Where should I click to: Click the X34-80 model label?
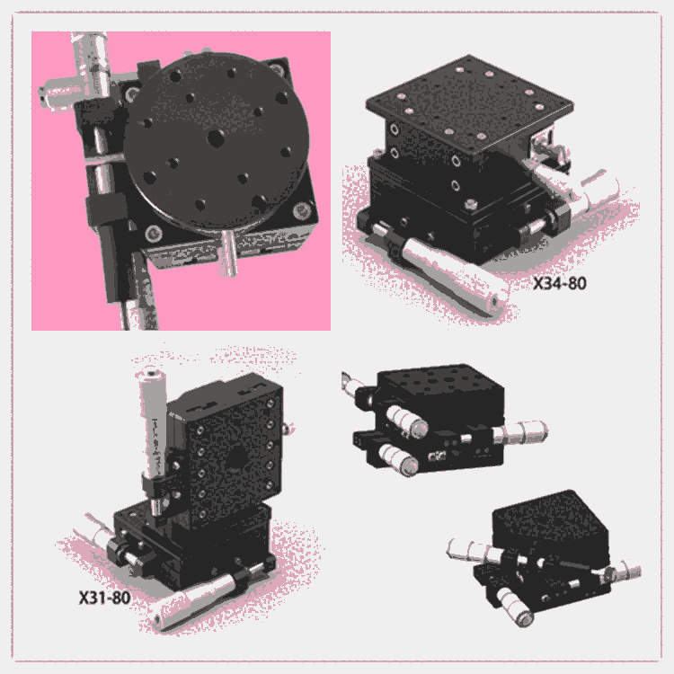[560, 283]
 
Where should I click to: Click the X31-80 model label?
[104, 598]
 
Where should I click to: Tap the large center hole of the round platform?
[217, 138]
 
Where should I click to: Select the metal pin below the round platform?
[228, 253]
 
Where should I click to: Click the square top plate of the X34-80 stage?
[469, 104]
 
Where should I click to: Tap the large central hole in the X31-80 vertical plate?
[235, 457]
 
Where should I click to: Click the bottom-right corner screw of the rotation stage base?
[302, 210]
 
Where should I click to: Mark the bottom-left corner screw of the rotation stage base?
[154, 234]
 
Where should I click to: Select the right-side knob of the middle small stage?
[519, 432]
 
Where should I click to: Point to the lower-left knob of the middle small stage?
[398, 459]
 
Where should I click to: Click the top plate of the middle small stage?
[440, 393]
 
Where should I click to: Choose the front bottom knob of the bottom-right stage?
[515, 606]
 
